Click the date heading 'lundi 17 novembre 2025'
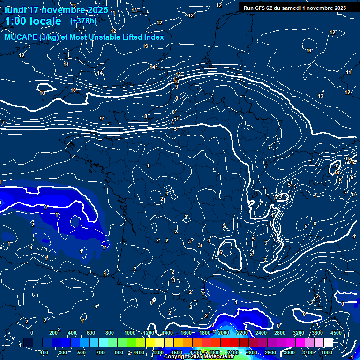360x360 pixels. point(56,10)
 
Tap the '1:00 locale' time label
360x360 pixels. point(33,21)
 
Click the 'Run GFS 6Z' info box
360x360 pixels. point(295,8)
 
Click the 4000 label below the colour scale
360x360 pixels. point(327,352)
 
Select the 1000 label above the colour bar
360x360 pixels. point(130,333)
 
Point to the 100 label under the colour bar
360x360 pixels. point(45,352)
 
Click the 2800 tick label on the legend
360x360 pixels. point(280,333)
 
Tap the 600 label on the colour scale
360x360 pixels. point(91,333)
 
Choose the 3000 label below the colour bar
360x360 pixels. point(289,352)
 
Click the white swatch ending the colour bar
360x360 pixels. point(328,343)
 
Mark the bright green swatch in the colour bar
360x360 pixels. point(131,343)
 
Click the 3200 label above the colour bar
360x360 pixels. point(298,333)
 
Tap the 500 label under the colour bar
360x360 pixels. point(82,352)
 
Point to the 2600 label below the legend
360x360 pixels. point(270,352)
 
